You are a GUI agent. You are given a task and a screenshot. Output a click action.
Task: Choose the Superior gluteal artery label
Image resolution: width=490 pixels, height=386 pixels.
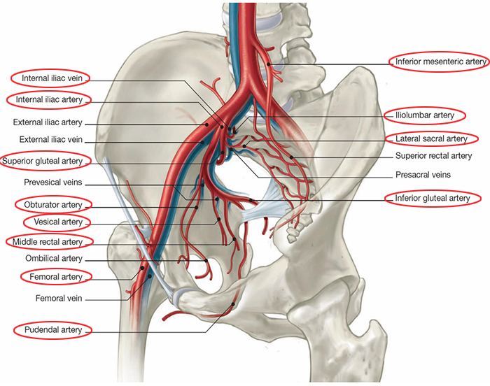click(x=52, y=161)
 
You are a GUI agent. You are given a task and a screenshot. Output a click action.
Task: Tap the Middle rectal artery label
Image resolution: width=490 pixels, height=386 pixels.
click(x=52, y=242)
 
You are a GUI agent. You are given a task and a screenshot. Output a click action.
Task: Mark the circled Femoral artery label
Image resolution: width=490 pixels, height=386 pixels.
click(x=55, y=277)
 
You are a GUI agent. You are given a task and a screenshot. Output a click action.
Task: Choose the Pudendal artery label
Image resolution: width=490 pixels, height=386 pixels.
click(x=52, y=329)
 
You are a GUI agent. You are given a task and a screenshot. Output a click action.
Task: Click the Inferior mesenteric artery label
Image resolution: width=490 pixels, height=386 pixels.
click(x=440, y=62)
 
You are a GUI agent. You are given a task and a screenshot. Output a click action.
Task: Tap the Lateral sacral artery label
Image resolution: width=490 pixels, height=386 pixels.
click(x=430, y=138)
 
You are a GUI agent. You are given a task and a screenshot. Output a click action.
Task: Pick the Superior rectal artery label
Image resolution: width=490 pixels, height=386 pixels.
click(x=433, y=156)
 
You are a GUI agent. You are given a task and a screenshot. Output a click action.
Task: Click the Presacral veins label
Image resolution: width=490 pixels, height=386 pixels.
click(x=423, y=174)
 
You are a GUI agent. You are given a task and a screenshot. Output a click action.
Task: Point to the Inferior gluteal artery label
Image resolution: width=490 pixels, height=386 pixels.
click(x=432, y=199)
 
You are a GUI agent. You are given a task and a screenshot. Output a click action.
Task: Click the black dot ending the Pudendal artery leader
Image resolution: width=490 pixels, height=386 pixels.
click(x=232, y=304)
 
